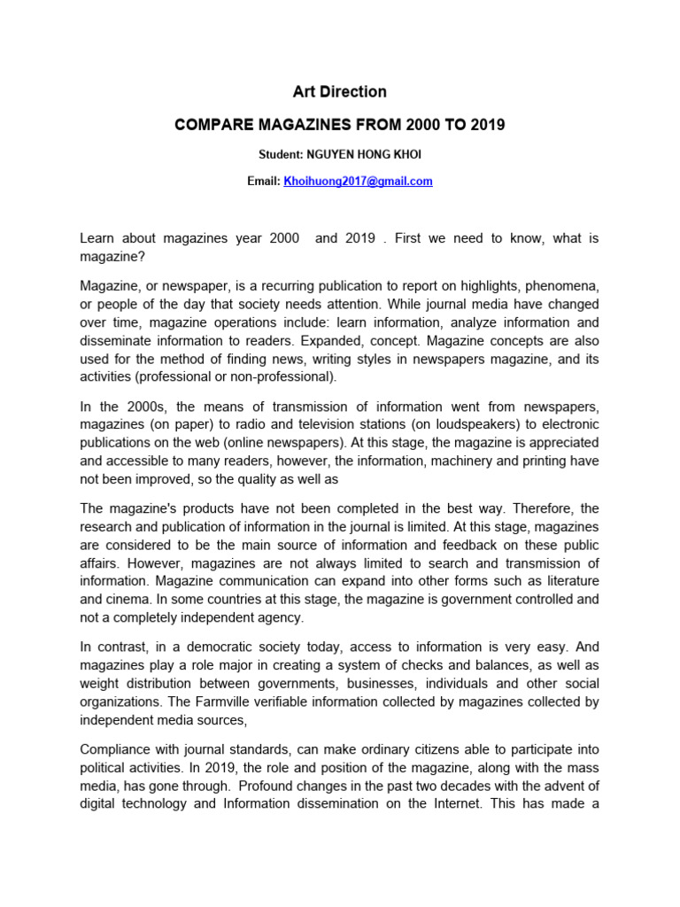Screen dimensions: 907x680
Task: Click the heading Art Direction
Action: (339, 91)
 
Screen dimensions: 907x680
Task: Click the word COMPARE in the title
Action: (212, 125)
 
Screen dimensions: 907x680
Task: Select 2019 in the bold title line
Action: (485, 125)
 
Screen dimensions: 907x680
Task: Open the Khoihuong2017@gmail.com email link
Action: (358, 181)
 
